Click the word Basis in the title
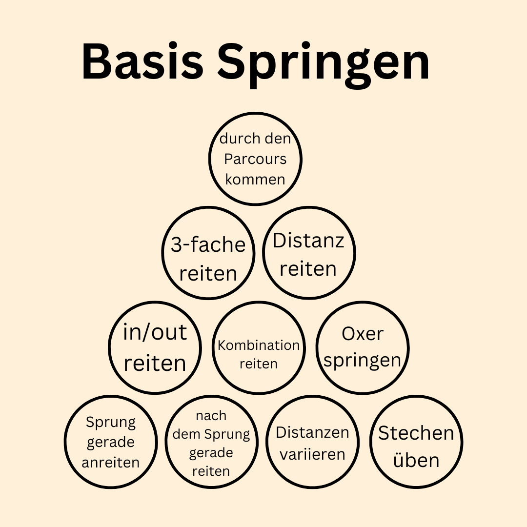142,62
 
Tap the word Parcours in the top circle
255,159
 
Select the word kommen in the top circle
255,179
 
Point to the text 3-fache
208,244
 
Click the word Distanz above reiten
308,241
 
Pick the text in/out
155,332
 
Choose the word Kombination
259,345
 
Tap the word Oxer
362,334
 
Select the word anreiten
110,462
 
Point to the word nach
211,416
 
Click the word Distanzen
312,432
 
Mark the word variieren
312,454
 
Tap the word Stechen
416,433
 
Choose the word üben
416,460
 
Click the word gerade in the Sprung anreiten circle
110,442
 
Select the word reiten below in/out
155,363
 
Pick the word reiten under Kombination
259,364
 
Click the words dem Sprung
211,434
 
